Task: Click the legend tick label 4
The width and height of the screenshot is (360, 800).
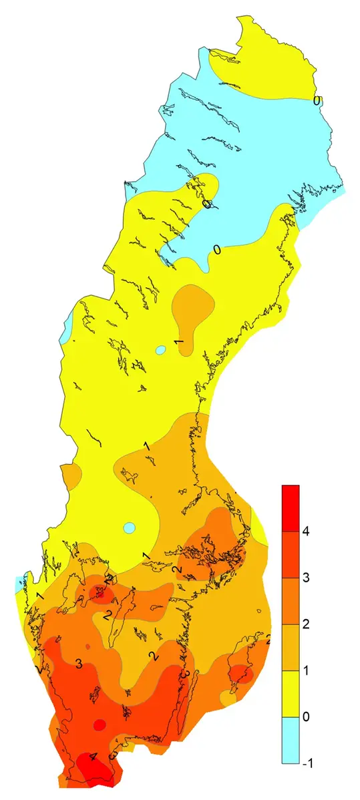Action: [307, 532]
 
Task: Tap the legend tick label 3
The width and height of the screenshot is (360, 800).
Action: [307, 578]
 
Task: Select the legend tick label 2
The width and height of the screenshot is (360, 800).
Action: [307, 625]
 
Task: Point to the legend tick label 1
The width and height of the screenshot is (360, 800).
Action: [307, 671]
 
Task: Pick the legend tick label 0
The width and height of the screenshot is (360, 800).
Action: [307, 717]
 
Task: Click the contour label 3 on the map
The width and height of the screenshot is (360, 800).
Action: [79, 663]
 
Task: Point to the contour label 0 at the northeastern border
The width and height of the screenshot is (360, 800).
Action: [317, 101]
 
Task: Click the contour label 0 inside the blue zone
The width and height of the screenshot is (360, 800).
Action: [216, 250]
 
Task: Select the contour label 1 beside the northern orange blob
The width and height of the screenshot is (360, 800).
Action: [178, 342]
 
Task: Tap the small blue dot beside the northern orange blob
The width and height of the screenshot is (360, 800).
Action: [160, 349]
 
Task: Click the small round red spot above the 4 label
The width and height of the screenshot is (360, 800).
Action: [100, 725]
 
